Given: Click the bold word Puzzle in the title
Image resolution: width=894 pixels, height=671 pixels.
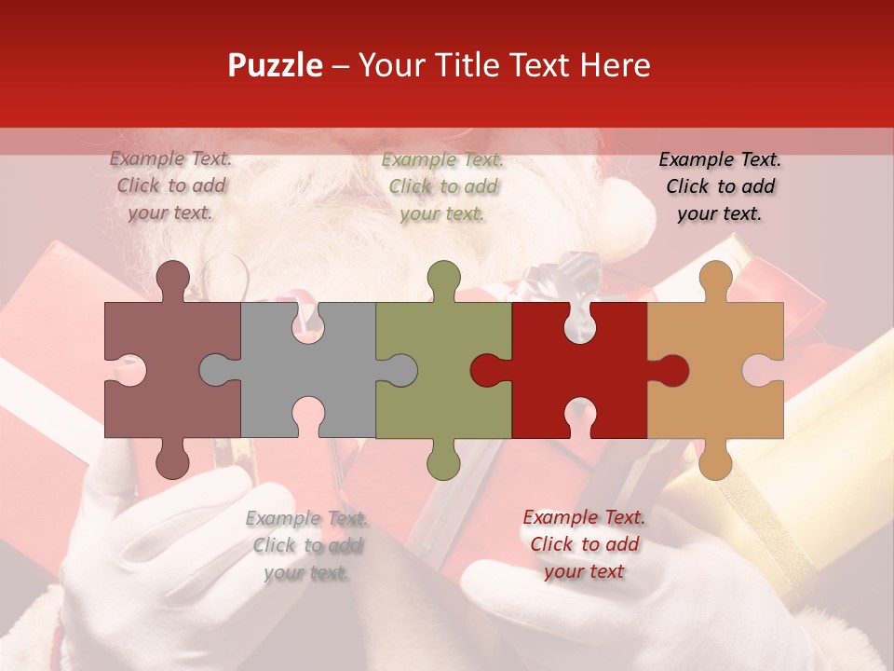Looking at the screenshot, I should point(275,65).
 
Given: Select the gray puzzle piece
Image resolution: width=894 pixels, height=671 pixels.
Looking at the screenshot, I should point(270,373).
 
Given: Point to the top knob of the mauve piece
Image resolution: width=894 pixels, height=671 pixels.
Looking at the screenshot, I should point(172,277).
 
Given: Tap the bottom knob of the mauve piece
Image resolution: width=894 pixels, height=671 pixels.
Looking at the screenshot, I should point(172,460).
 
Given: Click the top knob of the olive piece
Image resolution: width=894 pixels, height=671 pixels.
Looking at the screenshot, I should point(443,277).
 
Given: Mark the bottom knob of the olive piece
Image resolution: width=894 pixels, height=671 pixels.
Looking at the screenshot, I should point(443,460).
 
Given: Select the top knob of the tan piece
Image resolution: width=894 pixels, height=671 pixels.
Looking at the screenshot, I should point(715,277).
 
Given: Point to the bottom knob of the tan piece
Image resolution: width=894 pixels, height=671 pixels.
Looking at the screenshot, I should point(715,460).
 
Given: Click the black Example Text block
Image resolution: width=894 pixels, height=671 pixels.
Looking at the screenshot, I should point(720,186).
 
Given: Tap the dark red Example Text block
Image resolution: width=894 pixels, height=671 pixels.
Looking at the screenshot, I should point(584,544).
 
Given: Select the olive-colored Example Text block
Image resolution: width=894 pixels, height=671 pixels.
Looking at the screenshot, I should point(442,186).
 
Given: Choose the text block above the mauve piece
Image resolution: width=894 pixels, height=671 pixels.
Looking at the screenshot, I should point(170,185).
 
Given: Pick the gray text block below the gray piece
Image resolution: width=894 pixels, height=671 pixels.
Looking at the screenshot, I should point(306,545).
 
